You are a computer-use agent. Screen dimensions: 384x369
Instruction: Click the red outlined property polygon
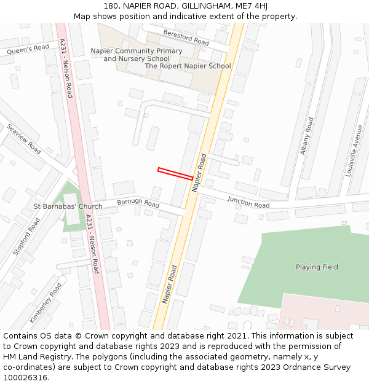(175, 173)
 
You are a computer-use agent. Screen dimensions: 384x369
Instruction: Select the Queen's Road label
(28, 49)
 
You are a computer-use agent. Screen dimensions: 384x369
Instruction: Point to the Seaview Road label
(24, 139)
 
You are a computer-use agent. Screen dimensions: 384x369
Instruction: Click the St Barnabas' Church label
(68, 206)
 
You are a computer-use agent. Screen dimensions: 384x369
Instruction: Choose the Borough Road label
(138, 202)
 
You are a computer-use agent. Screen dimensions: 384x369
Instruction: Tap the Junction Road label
(248, 202)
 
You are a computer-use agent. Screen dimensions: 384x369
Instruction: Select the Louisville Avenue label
(354, 151)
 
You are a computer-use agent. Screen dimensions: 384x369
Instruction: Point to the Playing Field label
(317, 267)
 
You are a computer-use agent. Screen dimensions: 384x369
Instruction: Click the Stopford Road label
(26, 237)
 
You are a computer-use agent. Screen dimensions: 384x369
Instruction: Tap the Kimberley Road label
(46, 303)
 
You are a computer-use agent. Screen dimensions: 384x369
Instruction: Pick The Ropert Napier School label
(188, 66)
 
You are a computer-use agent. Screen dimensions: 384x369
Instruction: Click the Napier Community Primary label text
(137, 51)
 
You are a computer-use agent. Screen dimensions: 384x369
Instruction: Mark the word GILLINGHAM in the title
(203, 6)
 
